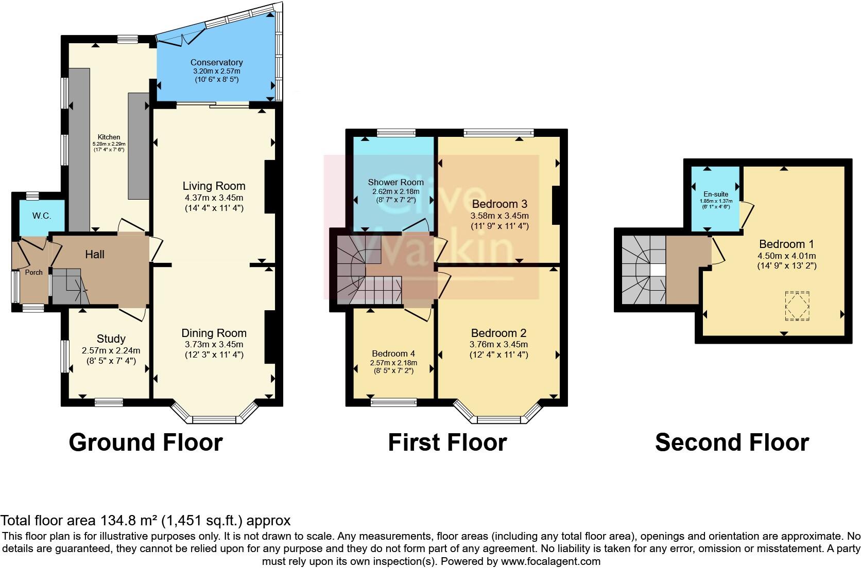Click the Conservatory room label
[216, 63]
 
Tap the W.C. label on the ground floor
[42, 216]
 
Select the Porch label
[34, 272]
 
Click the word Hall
[95, 254]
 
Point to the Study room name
[111, 339]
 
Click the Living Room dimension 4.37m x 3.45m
[214, 198]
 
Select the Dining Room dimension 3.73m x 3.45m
[214, 344]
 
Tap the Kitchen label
[109, 137]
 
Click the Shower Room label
[395, 182]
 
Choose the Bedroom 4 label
[393, 353]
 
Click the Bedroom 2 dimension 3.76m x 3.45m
[498, 344]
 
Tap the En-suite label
[716, 194]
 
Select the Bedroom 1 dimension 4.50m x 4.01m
[786, 256]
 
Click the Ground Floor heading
[146, 442]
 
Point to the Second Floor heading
[732, 442]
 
